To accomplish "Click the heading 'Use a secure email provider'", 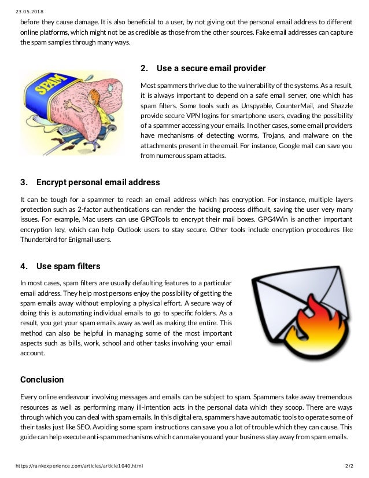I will [211, 68].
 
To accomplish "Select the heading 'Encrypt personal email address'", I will [98, 182].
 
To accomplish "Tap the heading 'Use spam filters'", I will [68, 266].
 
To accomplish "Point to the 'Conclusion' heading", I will [42, 380].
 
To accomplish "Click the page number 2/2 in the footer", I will [348, 465].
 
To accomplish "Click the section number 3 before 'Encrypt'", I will [23, 182].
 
